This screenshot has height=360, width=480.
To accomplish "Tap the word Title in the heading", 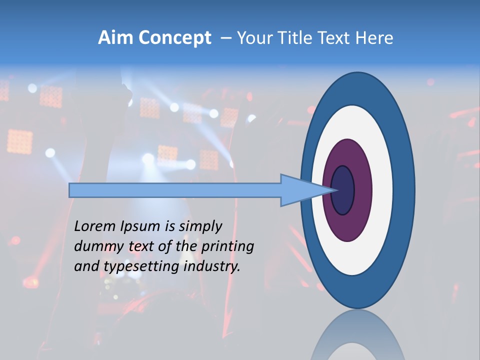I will (x=293, y=38).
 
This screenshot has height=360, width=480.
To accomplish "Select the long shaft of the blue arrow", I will (x=175, y=190).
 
